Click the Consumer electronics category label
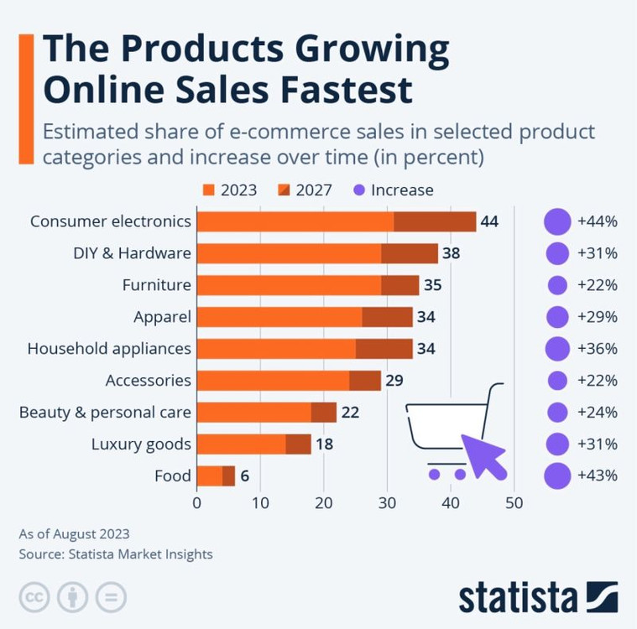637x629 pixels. coord(110,221)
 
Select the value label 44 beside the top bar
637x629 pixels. coord(489,221)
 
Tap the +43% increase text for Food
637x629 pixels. coord(598,476)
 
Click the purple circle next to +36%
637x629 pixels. coord(557,349)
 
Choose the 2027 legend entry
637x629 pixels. coord(304,190)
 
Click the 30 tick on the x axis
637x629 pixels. coord(387,502)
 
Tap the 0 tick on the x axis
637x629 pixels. coord(197,502)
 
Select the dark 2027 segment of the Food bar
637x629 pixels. coord(228,476)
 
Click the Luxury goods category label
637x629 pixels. coord(141,444)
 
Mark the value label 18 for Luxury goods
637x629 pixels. coord(324,444)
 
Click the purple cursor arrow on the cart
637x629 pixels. coord(482,451)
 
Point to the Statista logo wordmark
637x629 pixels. coord(518,599)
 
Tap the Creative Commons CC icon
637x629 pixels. coord(34,599)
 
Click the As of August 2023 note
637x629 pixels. coord(74,533)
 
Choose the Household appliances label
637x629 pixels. coord(109,348)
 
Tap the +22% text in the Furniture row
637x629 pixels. coord(598,285)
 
